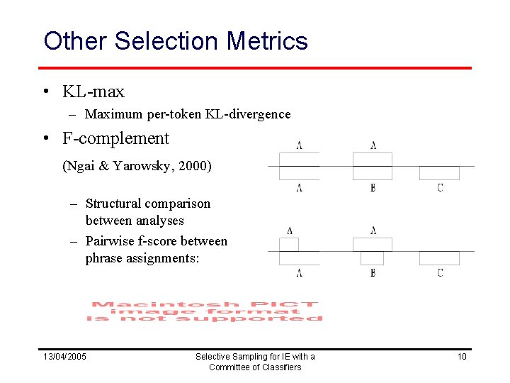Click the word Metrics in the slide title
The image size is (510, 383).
(267, 41)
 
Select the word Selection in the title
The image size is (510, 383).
(167, 41)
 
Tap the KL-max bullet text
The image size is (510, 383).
(93, 91)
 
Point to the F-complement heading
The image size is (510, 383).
(115, 138)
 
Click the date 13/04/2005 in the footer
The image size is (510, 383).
(64, 356)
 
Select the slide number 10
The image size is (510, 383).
(462, 356)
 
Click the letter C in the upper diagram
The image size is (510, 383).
(440, 188)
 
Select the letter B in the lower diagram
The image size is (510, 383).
(373, 273)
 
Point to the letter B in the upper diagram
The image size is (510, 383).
(373, 188)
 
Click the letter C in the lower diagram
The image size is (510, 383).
(440, 273)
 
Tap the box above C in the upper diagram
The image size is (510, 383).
(439, 173)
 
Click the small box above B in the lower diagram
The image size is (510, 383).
(372, 258)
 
